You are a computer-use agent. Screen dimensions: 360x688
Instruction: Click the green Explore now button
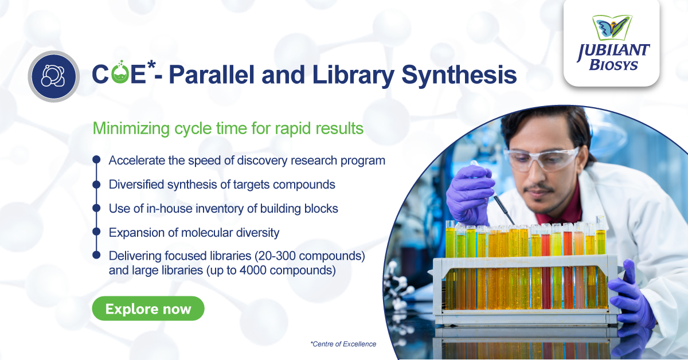click(x=148, y=309)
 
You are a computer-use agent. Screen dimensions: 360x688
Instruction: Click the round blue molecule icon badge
click(x=53, y=76)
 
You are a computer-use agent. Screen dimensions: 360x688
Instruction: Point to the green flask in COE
click(x=120, y=76)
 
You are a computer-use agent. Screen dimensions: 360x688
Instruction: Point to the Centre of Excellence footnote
click(x=343, y=344)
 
